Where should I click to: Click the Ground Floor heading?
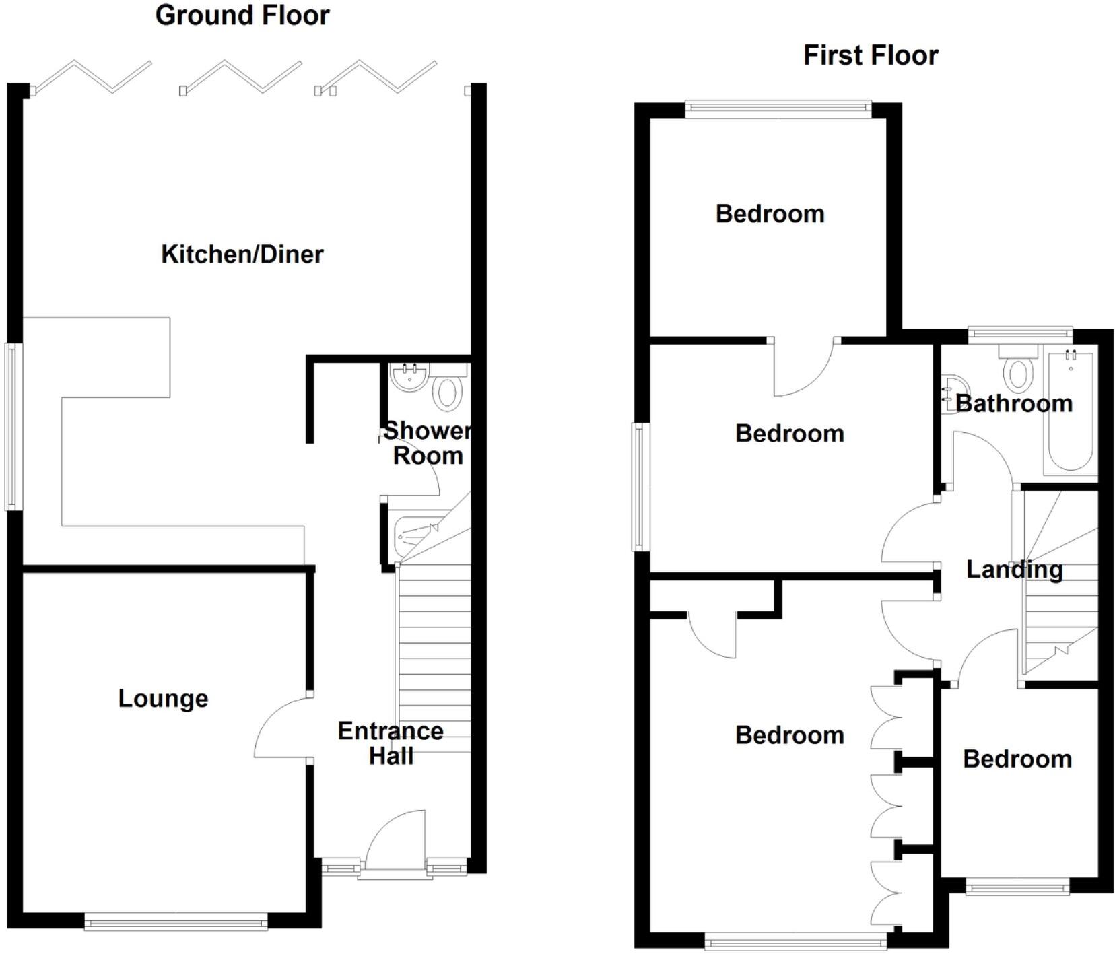tap(242, 15)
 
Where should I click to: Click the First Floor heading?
tap(871, 55)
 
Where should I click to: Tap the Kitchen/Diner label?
tap(242, 254)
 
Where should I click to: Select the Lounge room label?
tap(163, 698)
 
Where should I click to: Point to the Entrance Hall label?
tap(391, 743)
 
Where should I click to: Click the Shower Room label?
tap(428, 443)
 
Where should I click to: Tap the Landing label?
tap(1015, 570)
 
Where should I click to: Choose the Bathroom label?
tap(1014, 403)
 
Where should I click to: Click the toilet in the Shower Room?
tap(446, 393)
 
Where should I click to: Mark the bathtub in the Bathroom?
tap(1070, 411)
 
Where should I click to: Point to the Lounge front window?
tap(176, 921)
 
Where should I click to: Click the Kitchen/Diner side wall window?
tap(13, 426)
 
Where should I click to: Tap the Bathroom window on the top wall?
tap(1020, 331)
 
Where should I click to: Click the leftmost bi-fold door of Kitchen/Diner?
tap(93, 76)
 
